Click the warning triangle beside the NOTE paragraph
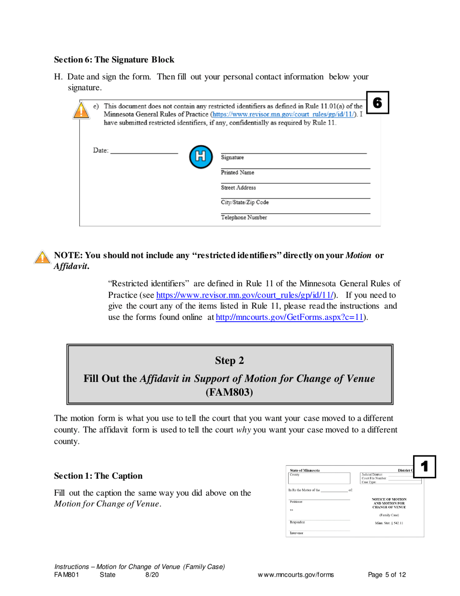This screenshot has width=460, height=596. click(43, 257)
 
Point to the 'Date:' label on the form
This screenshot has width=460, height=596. click(101, 150)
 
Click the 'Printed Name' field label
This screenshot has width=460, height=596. click(237, 173)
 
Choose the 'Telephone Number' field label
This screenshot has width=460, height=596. click(244, 218)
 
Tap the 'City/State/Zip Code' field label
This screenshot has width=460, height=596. click(245, 203)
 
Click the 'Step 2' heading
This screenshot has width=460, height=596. click(230, 361)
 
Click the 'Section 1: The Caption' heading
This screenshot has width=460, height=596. click(98, 476)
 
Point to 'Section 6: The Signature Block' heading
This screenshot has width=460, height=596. click(114, 60)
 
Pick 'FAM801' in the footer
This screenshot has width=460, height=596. click(66, 575)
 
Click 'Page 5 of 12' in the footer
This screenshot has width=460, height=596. click(386, 575)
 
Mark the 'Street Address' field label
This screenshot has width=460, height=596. click(238, 188)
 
